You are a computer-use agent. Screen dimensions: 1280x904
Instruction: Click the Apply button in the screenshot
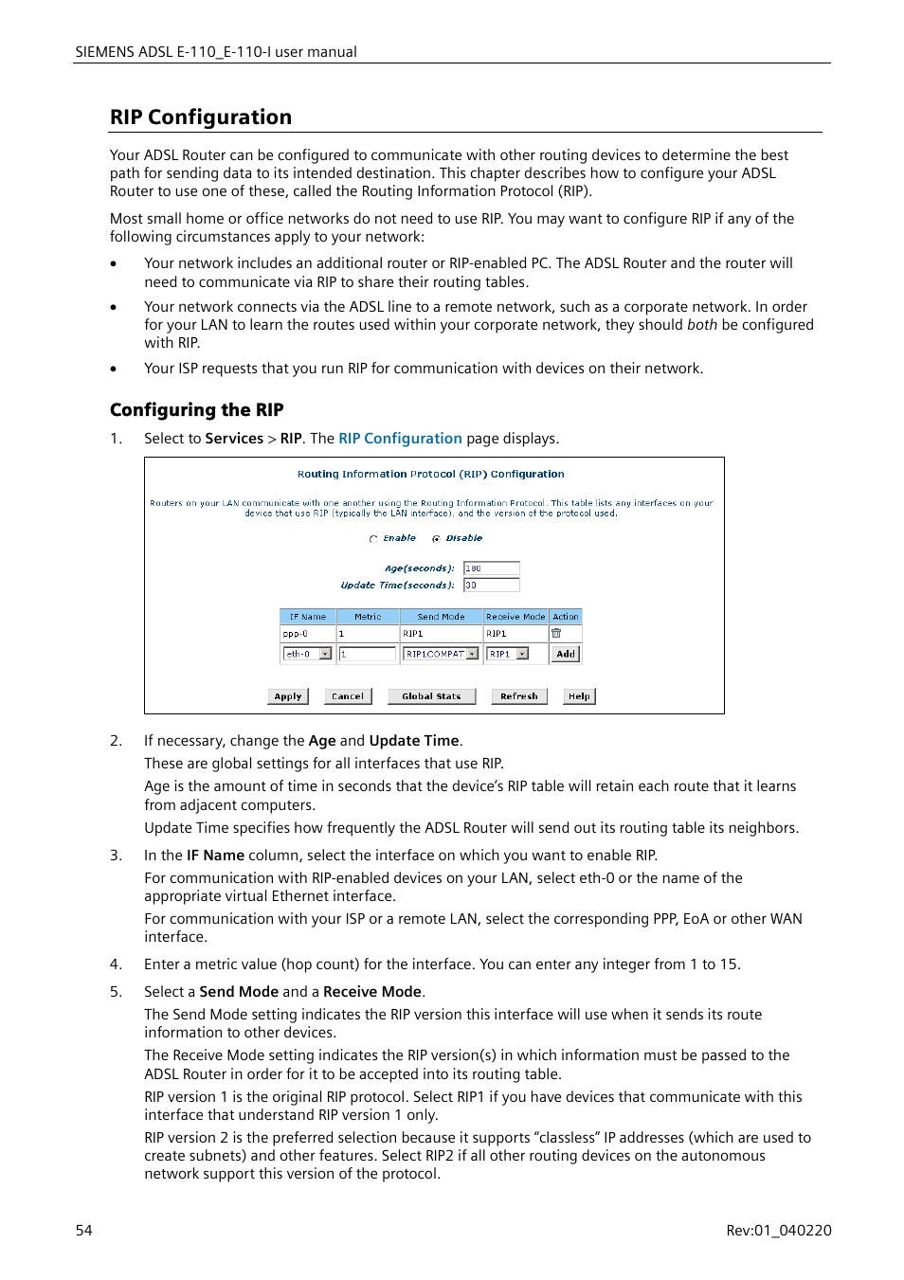pos(288,696)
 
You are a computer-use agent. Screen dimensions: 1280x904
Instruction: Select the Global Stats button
pos(431,696)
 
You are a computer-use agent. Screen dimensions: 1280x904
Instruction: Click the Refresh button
pos(518,696)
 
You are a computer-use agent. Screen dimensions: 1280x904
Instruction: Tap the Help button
pos(579,696)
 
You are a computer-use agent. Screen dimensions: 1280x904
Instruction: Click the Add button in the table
pos(566,654)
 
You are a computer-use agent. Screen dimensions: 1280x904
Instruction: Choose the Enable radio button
pos(373,539)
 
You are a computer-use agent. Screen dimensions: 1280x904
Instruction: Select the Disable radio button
pos(436,539)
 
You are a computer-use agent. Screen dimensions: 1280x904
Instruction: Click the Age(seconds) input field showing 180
pos(491,568)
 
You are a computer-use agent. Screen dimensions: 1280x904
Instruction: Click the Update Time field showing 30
pos(491,586)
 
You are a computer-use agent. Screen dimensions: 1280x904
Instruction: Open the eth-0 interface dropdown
pos(325,654)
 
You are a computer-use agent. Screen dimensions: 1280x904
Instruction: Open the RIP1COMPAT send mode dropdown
pos(472,654)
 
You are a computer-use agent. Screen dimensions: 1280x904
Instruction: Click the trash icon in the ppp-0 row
pos(556,633)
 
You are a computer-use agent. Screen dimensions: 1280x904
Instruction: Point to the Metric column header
pos(368,617)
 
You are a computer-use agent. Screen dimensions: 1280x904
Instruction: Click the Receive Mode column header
pos(515,617)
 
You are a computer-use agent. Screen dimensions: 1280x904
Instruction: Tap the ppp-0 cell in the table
pos(307,634)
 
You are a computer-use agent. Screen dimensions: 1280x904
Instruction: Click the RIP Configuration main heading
pos(201,117)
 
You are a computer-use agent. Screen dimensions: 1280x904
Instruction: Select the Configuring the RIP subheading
pos(197,410)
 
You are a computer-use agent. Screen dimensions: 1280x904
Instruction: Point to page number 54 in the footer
pos(84,1231)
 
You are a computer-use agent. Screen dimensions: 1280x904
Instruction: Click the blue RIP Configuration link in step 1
pos(400,439)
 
